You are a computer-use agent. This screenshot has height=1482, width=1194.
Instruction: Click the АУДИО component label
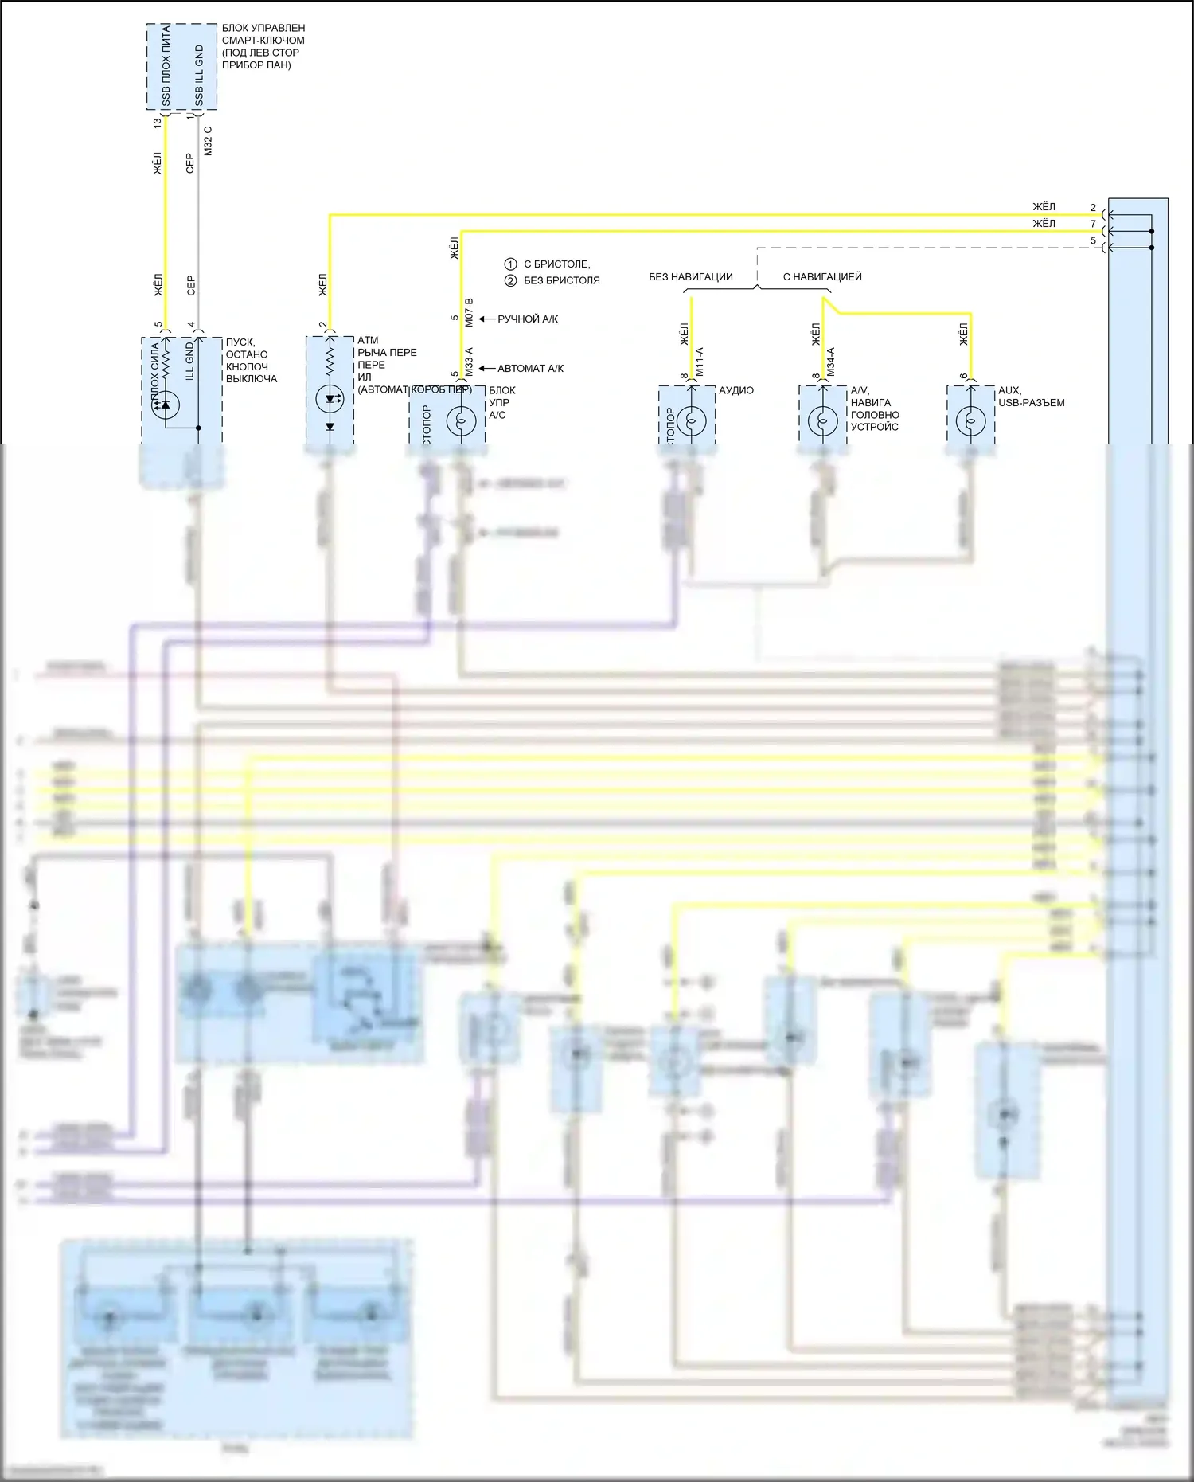(x=736, y=391)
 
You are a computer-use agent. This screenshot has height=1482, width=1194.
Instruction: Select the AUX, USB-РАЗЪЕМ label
(x=1031, y=397)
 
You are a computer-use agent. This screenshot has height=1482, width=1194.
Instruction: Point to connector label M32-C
(x=208, y=141)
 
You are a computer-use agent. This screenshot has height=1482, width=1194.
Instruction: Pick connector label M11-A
(x=700, y=362)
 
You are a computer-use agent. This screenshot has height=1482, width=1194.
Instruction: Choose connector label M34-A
(x=830, y=362)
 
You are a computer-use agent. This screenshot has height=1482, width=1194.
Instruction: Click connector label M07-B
(x=469, y=312)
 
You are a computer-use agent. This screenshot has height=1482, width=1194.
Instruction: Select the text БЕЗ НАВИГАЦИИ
(x=690, y=277)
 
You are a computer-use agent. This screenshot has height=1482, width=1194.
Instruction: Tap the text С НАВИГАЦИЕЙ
(x=822, y=277)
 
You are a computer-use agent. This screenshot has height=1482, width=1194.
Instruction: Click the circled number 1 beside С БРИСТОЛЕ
(x=511, y=264)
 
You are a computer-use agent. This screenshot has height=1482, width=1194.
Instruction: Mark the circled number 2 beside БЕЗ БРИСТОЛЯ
(x=511, y=280)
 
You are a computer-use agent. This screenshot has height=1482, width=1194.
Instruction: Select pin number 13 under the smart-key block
(x=158, y=123)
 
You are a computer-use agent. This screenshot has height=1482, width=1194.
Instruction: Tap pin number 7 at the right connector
(x=1093, y=224)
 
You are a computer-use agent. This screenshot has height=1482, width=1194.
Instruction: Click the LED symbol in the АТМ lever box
(x=329, y=399)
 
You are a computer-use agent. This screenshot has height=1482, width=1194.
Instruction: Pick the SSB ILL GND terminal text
(x=199, y=76)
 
